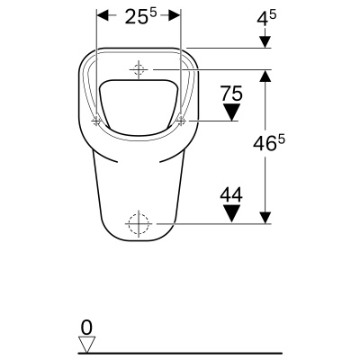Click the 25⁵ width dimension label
coord(140,16)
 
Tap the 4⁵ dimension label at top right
coord(266,20)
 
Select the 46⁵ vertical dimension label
coord(268,143)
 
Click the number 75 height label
coord(231,94)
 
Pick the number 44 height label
coord(231,195)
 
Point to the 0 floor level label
coord(86,328)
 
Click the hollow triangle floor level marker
coord(86,345)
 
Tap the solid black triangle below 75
coord(232,112)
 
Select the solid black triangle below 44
coord(232,213)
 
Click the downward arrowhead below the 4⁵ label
coord(265,41)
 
